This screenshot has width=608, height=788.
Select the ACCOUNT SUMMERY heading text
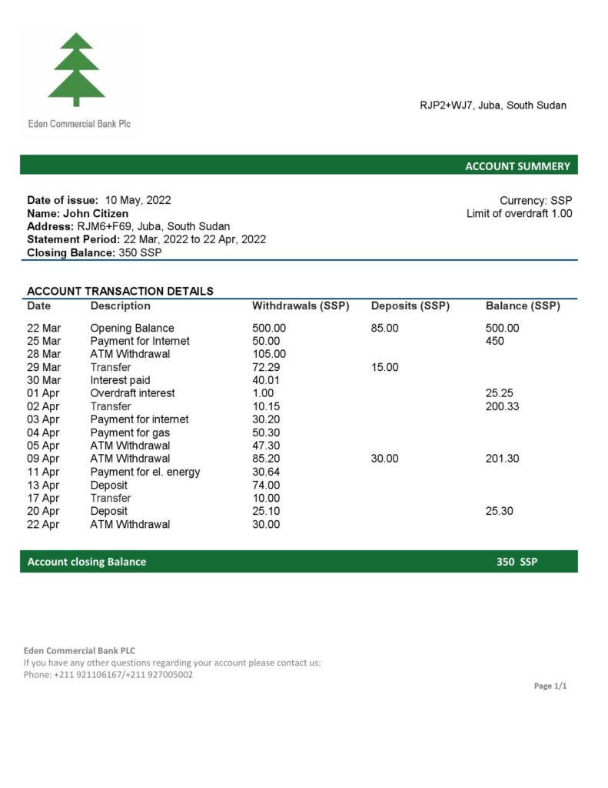coord(517,166)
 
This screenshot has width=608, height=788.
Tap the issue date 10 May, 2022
coord(138,200)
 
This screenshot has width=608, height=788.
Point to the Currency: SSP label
coord(536,200)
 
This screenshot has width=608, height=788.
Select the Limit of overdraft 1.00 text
coord(519,213)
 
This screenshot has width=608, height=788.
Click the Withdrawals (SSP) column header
coord(301,306)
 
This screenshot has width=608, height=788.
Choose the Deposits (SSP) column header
coord(410,306)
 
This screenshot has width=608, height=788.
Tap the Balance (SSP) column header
coord(523,306)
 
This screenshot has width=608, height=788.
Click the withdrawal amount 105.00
coord(269,354)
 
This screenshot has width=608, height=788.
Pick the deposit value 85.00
coord(385,328)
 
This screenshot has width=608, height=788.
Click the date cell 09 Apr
coord(44,459)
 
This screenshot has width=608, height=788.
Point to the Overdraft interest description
coord(132,393)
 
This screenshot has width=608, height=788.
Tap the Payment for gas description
coord(130,432)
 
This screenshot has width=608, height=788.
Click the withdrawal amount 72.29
coord(266,367)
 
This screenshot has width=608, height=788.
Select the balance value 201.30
coord(503,459)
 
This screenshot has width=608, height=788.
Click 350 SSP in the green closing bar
coord(517,562)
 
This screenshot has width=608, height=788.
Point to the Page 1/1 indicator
coord(550,686)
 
